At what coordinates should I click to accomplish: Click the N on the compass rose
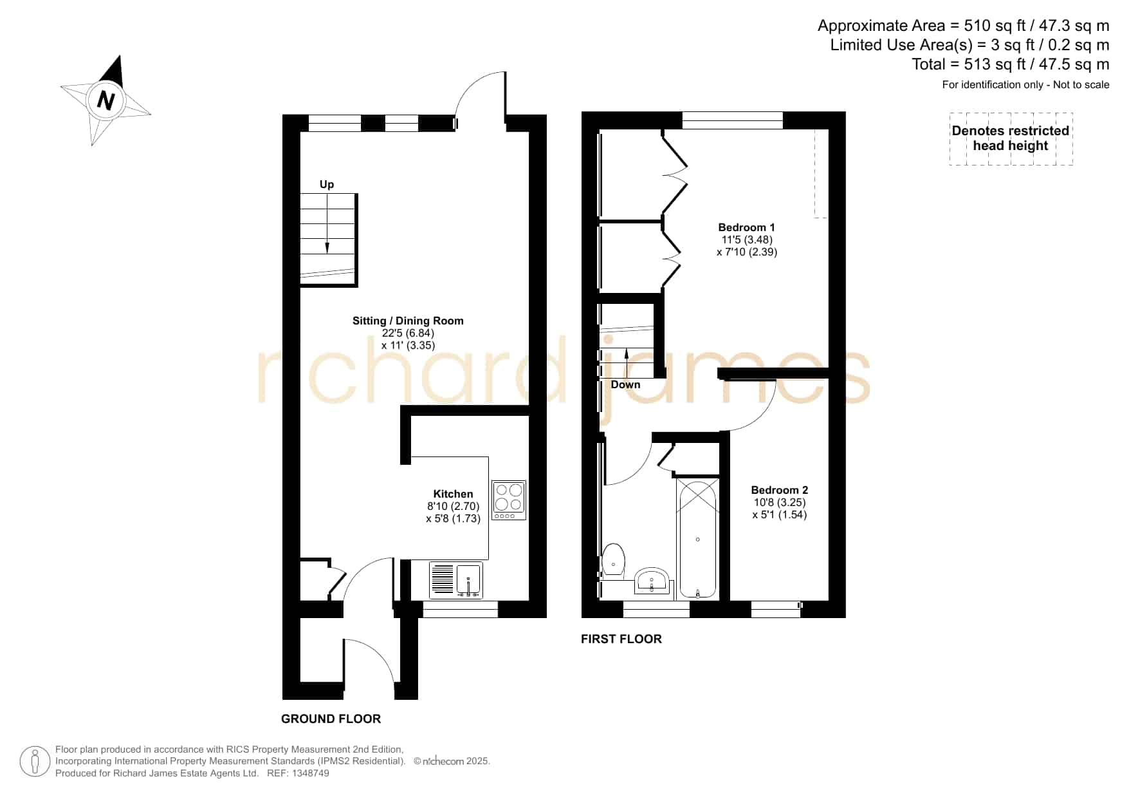click(x=106, y=101)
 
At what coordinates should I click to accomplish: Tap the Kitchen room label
click(x=453, y=494)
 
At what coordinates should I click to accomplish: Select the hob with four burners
click(x=509, y=500)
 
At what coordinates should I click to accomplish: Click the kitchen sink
click(x=455, y=579)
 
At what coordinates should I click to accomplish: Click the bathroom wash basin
click(x=653, y=581)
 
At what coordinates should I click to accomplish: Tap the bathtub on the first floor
click(x=697, y=538)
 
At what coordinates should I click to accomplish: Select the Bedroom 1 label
click(x=746, y=227)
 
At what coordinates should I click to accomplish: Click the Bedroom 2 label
click(x=779, y=490)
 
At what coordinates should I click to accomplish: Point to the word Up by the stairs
click(x=327, y=185)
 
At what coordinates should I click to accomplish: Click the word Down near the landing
click(x=625, y=385)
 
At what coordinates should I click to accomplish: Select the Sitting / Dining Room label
click(x=408, y=321)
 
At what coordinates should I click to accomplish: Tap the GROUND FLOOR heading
click(x=331, y=719)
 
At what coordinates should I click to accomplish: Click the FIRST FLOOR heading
click(x=621, y=639)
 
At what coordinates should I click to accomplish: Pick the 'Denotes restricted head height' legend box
click(x=1011, y=138)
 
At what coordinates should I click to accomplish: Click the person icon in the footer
click(x=35, y=762)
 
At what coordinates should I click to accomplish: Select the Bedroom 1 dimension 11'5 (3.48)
click(x=747, y=240)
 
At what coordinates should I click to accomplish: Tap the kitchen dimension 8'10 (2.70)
click(x=453, y=506)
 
